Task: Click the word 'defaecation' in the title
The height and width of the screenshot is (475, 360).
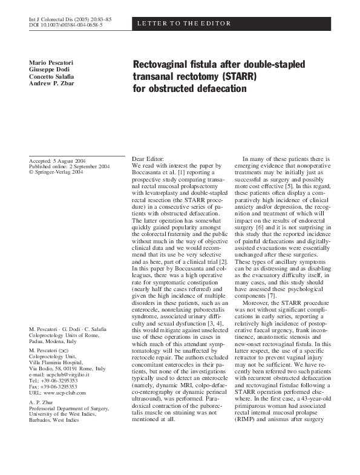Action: [x=217, y=89]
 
